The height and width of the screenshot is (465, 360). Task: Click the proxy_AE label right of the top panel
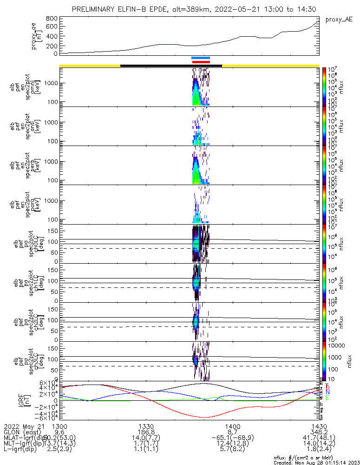[339, 20]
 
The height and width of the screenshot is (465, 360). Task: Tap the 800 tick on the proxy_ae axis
[52, 18]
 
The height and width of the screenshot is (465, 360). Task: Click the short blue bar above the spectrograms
[201, 58]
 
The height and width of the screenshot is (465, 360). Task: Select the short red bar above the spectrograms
[201, 62]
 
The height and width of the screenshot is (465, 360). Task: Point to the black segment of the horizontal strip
[171, 66]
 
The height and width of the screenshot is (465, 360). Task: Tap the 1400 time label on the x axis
[232, 426]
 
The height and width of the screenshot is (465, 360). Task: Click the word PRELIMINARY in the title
[95, 9]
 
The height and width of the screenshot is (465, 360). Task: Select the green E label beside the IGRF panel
[327, 398]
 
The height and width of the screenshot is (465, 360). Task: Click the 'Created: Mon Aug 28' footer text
[302, 462]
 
